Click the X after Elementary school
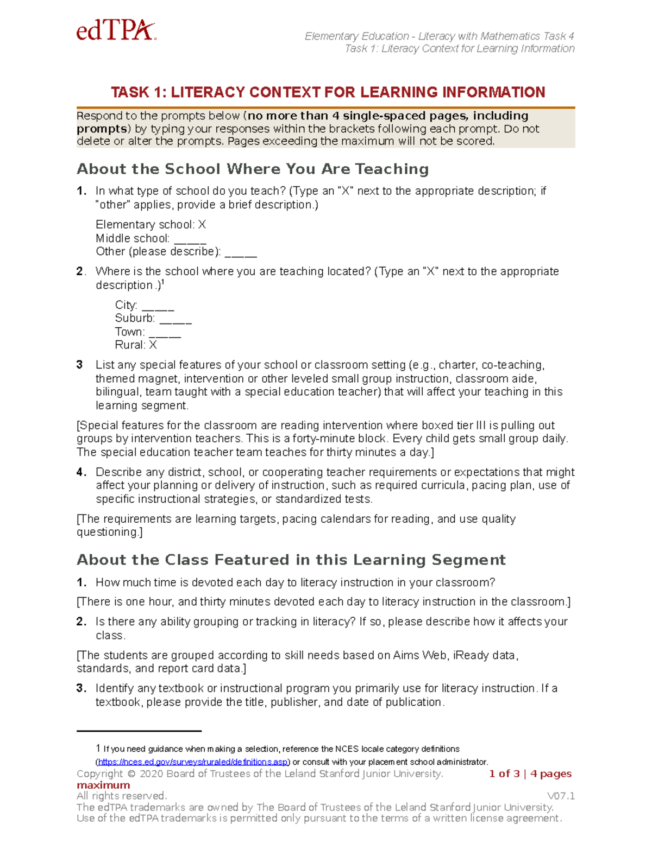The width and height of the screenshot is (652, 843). click(x=202, y=225)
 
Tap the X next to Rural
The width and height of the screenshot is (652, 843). click(x=153, y=345)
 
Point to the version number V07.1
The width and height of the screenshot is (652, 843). click(x=561, y=796)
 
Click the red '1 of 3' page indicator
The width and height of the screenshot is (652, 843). click(x=504, y=774)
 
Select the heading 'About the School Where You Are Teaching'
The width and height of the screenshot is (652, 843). click(x=253, y=169)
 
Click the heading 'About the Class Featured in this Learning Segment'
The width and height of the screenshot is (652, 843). click(x=291, y=560)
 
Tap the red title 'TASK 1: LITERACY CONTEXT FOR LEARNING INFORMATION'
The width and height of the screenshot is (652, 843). click(x=328, y=92)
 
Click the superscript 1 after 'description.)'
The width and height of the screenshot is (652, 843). click(x=163, y=282)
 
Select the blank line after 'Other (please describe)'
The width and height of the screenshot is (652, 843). click(x=240, y=253)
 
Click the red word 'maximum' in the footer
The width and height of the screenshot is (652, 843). click(x=103, y=785)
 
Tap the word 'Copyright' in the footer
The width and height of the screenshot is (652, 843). click(x=100, y=774)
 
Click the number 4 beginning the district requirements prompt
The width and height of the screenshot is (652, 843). click(x=80, y=472)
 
